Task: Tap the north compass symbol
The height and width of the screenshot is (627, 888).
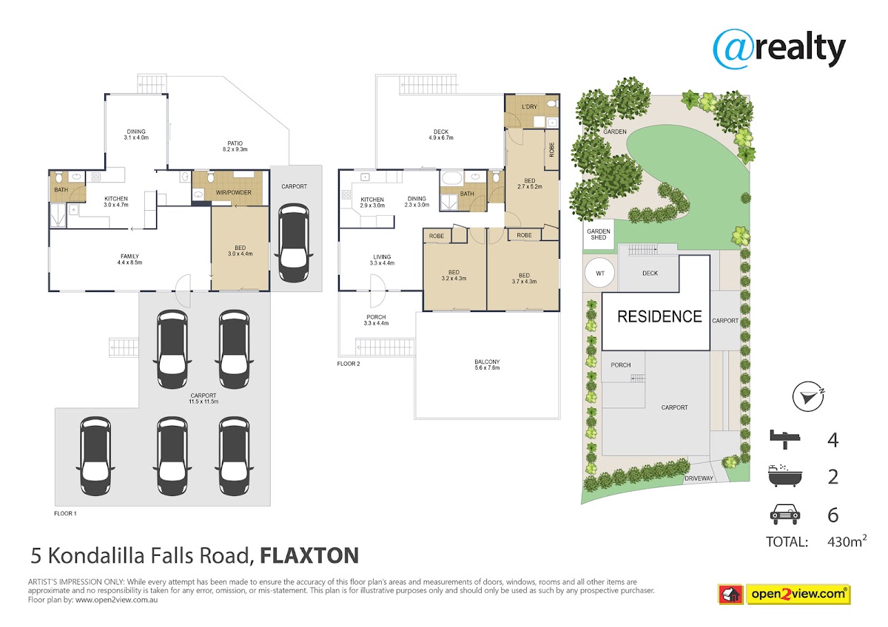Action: point(808,396)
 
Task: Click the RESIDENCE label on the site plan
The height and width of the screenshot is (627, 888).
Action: point(659,317)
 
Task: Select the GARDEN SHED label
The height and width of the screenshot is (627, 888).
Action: point(599,234)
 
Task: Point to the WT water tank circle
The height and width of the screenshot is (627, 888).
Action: point(600,273)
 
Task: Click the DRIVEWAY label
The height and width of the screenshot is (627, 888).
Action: point(699,478)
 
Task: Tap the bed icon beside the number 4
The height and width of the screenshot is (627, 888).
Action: point(785,439)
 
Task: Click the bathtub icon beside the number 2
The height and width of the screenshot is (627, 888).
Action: point(785,475)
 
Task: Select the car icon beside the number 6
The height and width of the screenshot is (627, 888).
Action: point(785,514)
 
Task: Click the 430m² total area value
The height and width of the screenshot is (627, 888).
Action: point(847,541)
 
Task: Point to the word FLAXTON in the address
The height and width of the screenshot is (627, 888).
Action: point(309,555)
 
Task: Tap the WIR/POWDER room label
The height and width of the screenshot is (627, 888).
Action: point(234,192)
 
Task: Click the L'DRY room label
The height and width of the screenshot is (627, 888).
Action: point(529,106)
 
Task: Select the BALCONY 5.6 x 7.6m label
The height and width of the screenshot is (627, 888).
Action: point(487,365)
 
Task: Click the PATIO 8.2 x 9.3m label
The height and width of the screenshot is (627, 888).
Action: point(235,146)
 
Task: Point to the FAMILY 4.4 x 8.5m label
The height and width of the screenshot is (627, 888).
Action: point(129,260)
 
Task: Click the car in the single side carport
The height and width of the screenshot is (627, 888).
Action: point(294,243)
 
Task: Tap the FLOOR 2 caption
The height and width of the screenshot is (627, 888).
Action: point(349,364)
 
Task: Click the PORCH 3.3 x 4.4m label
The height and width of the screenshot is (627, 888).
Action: point(376,320)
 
